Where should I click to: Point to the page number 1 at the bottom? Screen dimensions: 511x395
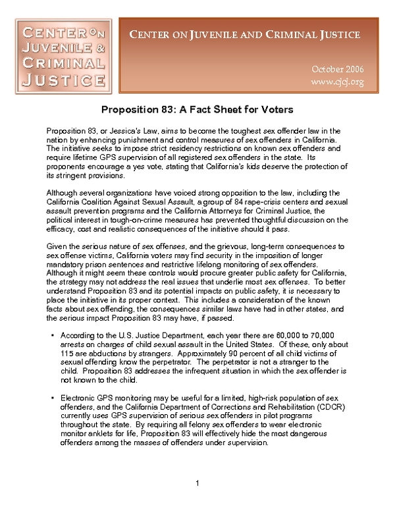pyautogui.click(x=197, y=485)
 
